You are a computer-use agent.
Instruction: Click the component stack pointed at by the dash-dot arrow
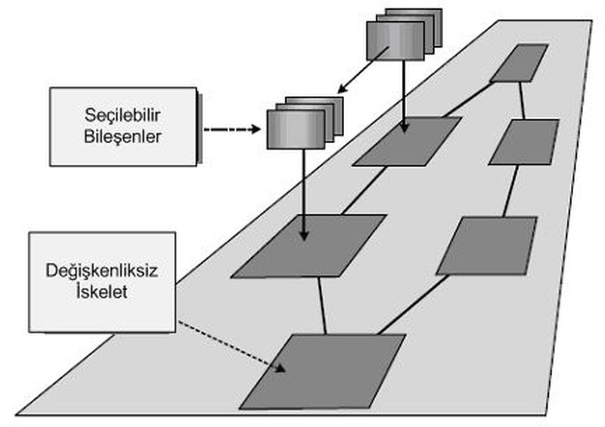point(299,125)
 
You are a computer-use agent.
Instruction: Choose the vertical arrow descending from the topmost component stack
point(405,95)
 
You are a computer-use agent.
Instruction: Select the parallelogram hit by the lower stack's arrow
point(309,245)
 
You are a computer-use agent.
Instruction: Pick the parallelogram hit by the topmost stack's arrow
point(407,141)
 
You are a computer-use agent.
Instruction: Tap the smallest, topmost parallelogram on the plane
point(519,62)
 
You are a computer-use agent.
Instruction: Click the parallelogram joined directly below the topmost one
point(524,142)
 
